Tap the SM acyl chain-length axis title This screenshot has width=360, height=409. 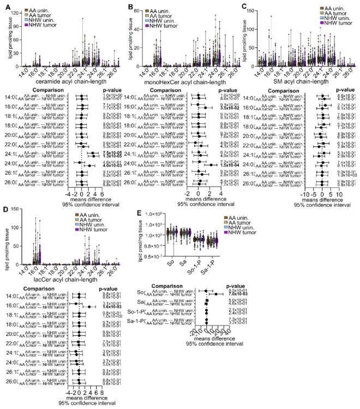click(x=302, y=81)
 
